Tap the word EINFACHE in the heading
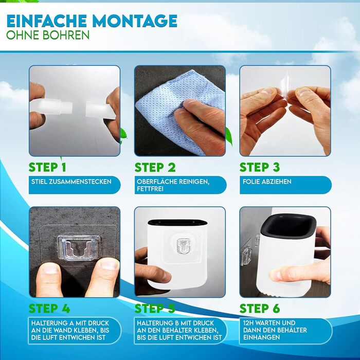point(47,21)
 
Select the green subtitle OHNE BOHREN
point(48,35)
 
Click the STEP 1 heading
point(47,167)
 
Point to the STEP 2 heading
point(155,167)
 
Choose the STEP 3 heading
point(260,167)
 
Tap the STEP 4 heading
point(49,309)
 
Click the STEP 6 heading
point(260,309)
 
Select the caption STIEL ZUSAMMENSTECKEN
point(71,182)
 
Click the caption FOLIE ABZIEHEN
point(267,182)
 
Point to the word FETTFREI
point(150,189)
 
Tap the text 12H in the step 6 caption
point(248,323)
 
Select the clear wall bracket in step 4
point(78,248)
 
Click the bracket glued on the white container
point(183,246)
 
